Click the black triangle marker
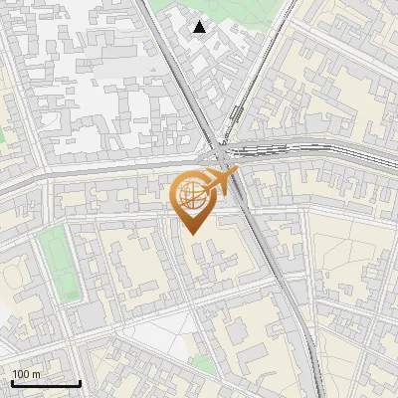tap(200, 27)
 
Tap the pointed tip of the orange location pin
tap(192, 233)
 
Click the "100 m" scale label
tap(26, 373)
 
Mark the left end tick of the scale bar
tap(12, 382)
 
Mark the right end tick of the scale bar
tap(80, 382)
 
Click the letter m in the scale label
tap(35, 373)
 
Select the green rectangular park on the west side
tap(59, 262)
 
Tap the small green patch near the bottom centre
tap(204, 364)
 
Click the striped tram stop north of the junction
tap(236, 114)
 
